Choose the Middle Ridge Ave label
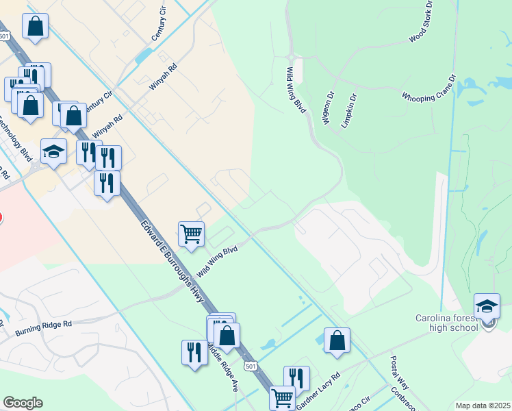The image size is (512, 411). [x=223, y=370]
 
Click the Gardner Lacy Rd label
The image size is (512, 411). [x=318, y=391]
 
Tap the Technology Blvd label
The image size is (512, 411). [x=15, y=137]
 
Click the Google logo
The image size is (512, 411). [x=23, y=403]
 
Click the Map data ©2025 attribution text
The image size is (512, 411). [x=483, y=406]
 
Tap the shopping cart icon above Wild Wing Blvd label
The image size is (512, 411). [x=191, y=233]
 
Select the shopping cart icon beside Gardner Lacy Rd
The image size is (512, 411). [x=282, y=397]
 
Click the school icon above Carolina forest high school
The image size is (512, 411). [x=487, y=306]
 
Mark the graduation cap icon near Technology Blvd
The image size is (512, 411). [x=53, y=151]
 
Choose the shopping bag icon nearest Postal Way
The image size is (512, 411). [x=337, y=340]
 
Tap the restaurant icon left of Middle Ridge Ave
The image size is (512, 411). [x=194, y=353]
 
